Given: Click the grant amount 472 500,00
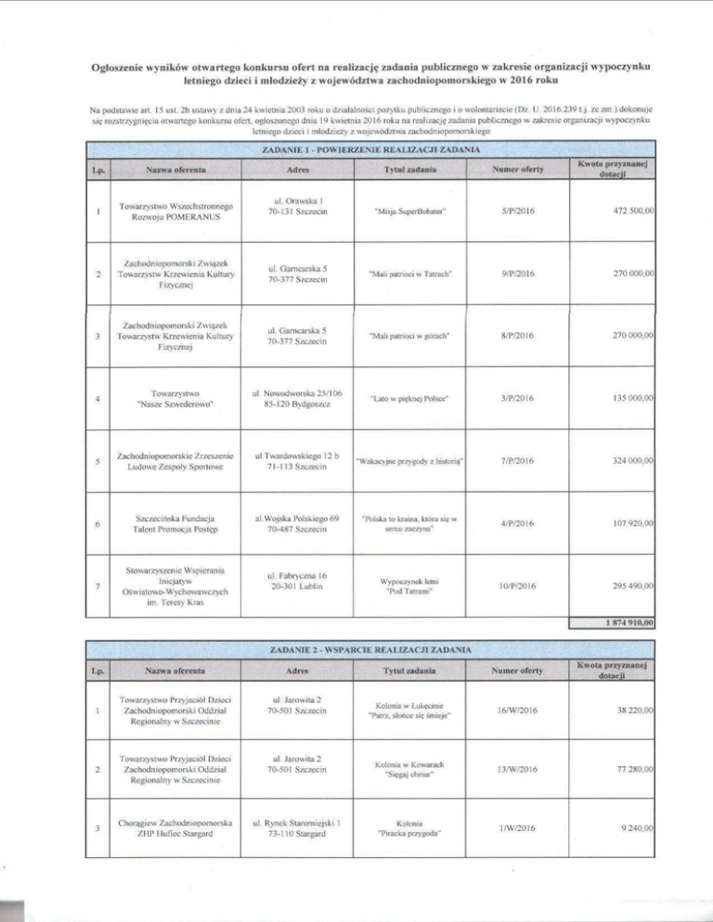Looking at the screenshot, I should coord(629,211).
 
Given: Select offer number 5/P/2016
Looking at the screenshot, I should coord(515,211).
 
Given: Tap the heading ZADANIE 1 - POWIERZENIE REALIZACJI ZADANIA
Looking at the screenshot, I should coord(370,149).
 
